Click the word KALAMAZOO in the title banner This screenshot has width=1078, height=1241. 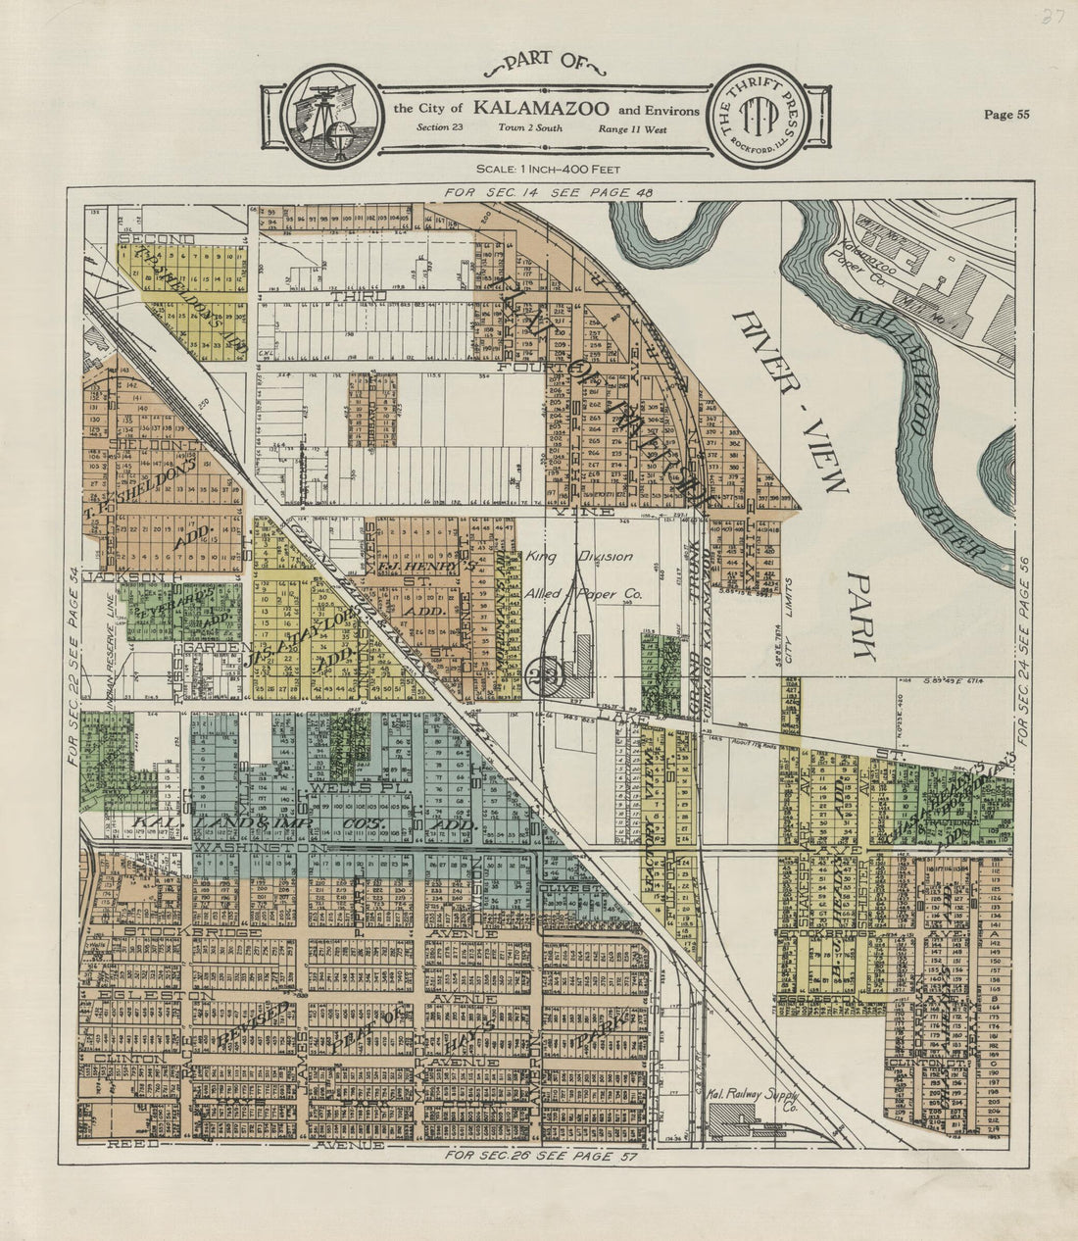point(541,108)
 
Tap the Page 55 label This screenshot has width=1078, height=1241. point(1006,115)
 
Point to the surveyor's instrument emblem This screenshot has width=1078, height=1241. point(326,114)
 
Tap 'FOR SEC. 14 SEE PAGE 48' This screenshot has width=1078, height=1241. point(548,193)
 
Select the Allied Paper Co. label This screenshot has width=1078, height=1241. point(583,594)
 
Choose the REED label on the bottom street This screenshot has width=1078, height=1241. point(132,1144)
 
